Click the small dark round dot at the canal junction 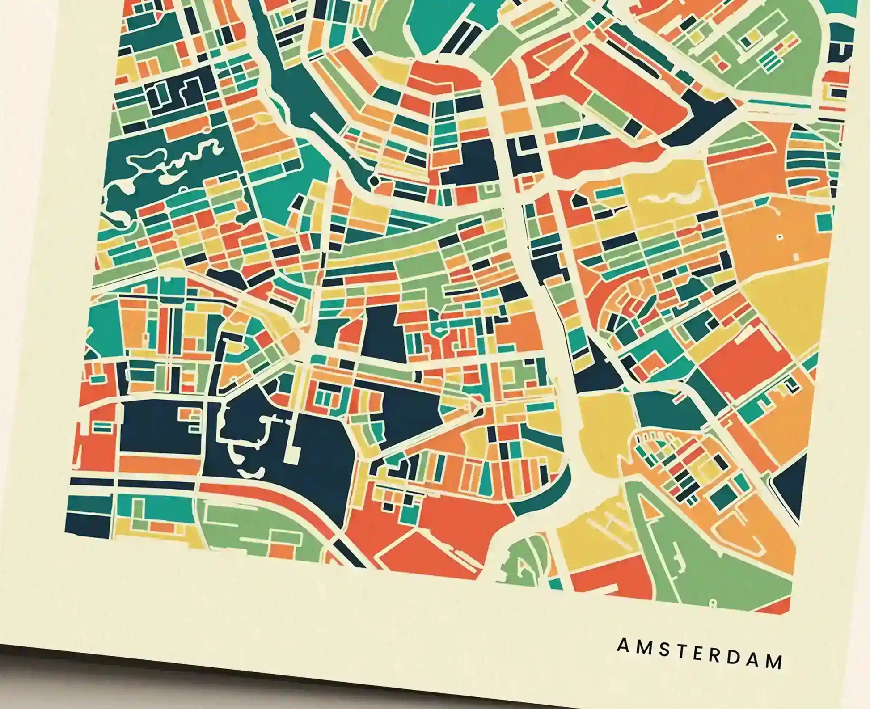[374, 181]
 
